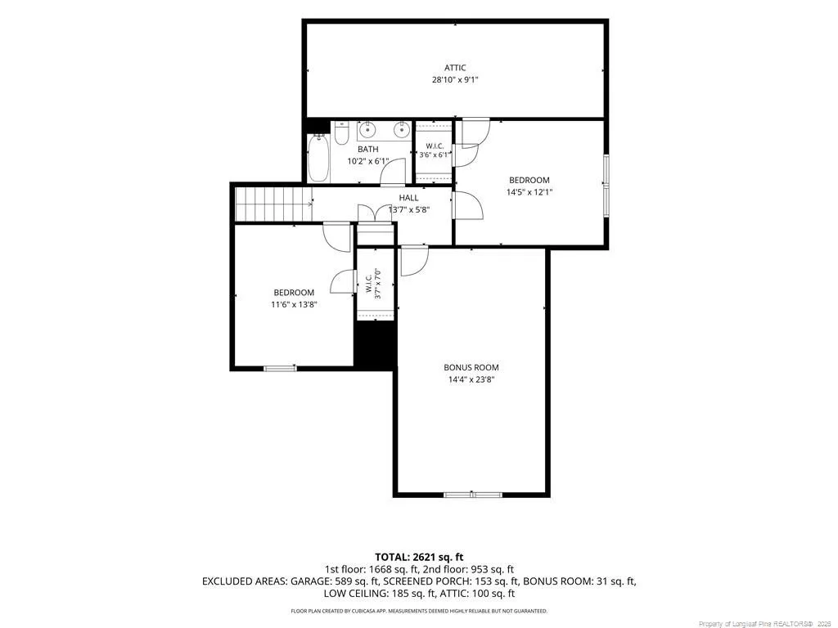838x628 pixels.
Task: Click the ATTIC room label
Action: click(x=455, y=68)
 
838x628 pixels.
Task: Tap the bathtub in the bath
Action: click(x=318, y=158)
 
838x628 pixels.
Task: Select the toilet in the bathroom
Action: click(x=341, y=133)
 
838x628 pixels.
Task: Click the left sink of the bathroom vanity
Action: click(x=367, y=129)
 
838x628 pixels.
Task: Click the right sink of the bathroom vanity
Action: click(x=401, y=129)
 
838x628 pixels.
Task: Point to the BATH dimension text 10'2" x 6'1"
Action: click(x=367, y=161)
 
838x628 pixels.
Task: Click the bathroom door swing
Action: click(x=392, y=172)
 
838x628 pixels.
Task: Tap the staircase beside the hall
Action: click(x=273, y=204)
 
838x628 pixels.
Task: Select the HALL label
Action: click(x=409, y=198)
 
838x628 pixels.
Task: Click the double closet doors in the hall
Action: click(x=376, y=213)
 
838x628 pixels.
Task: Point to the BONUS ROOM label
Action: click(x=471, y=367)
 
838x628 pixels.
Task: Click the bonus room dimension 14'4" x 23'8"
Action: click(x=471, y=379)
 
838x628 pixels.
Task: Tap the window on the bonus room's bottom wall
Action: click(x=473, y=495)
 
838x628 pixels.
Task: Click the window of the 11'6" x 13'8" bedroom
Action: click(x=281, y=368)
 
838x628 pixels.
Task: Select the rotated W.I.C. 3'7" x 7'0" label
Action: click(x=372, y=284)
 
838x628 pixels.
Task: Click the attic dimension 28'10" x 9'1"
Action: click(x=455, y=80)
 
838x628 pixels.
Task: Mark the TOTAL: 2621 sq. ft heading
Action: click(x=419, y=558)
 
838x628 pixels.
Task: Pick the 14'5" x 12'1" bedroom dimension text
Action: click(x=529, y=192)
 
